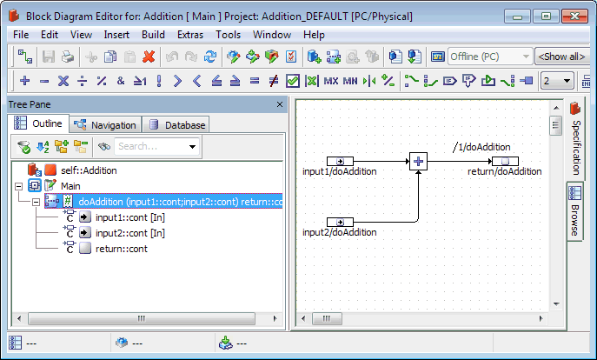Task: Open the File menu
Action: click(x=21, y=35)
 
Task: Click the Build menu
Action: click(x=153, y=35)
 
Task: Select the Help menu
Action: click(x=314, y=35)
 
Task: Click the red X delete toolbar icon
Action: click(x=149, y=57)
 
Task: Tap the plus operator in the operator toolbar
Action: click(x=24, y=81)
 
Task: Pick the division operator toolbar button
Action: click(x=83, y=81)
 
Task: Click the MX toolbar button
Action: click(x=331, y=81)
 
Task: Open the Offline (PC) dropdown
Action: click(x=490, y=57)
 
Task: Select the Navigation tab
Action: click(x=105, y=125)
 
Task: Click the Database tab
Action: click(x=176, y=125)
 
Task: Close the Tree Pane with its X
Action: click(x=280, y=104)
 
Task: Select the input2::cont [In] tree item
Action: click(x=129, y=233)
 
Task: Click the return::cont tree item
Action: click(x=121, y=249)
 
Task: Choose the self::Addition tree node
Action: click(x=89, y=170)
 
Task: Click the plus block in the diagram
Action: click(x=418, y=161)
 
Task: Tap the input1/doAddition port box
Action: click(x=340, y=161)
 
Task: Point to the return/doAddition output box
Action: click(x=505, y=161)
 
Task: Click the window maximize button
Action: click(x=546, y=17)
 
